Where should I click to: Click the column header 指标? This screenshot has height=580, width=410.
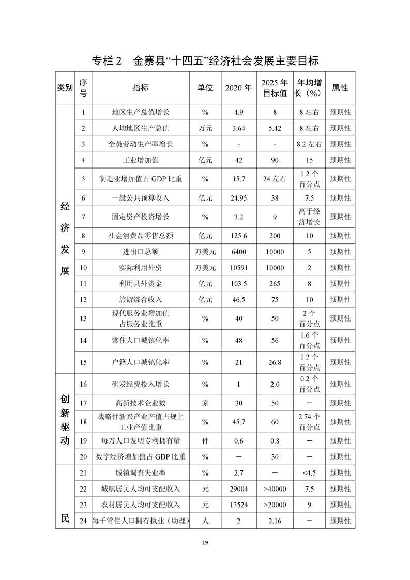click(x=140, y=88)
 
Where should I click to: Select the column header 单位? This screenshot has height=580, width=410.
click(x=205, y=88)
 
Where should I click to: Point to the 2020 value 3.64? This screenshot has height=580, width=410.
click(x=238, y=128)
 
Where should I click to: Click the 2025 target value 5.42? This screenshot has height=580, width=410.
click(x=275, y=128)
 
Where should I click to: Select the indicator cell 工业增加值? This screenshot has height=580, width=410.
click(x=140, y=160)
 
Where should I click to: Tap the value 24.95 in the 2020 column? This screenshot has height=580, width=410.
click(x=238, y=197)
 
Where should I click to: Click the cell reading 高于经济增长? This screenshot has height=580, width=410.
click(x=309, y=217)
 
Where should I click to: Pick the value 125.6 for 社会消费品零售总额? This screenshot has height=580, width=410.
click(x=238, y=236)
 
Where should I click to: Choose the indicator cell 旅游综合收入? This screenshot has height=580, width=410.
click(x=140, y=299)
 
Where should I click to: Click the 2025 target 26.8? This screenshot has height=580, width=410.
click(x=275, y=362)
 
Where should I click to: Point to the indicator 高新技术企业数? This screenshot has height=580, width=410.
click(x=140, y=403)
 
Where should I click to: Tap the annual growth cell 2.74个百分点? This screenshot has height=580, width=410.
click(x=309, y=422)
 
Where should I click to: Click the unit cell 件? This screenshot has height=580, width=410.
click(x=205, y=441)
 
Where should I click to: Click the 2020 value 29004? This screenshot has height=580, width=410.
click(x=238, y=489)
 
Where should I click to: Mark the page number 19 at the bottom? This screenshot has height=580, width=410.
click(x=205, y=542)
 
